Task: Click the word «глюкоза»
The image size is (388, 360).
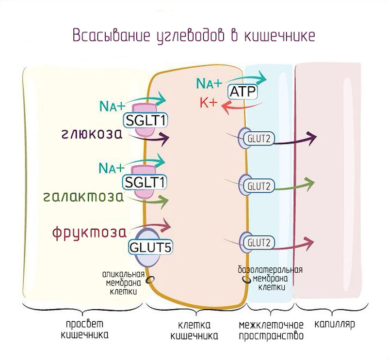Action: [92, 134]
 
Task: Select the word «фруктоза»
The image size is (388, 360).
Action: [85, 232]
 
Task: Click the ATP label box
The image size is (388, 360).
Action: [242, 92]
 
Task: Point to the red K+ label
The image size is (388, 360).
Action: [209, 103]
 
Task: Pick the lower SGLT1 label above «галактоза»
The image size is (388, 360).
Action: [145, 182]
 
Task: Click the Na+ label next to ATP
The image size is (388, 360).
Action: [209, 83]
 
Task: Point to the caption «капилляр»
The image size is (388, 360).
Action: [334, 324]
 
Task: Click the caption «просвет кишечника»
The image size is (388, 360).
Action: [85, 329]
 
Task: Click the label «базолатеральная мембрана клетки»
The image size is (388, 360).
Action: [271, 278]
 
